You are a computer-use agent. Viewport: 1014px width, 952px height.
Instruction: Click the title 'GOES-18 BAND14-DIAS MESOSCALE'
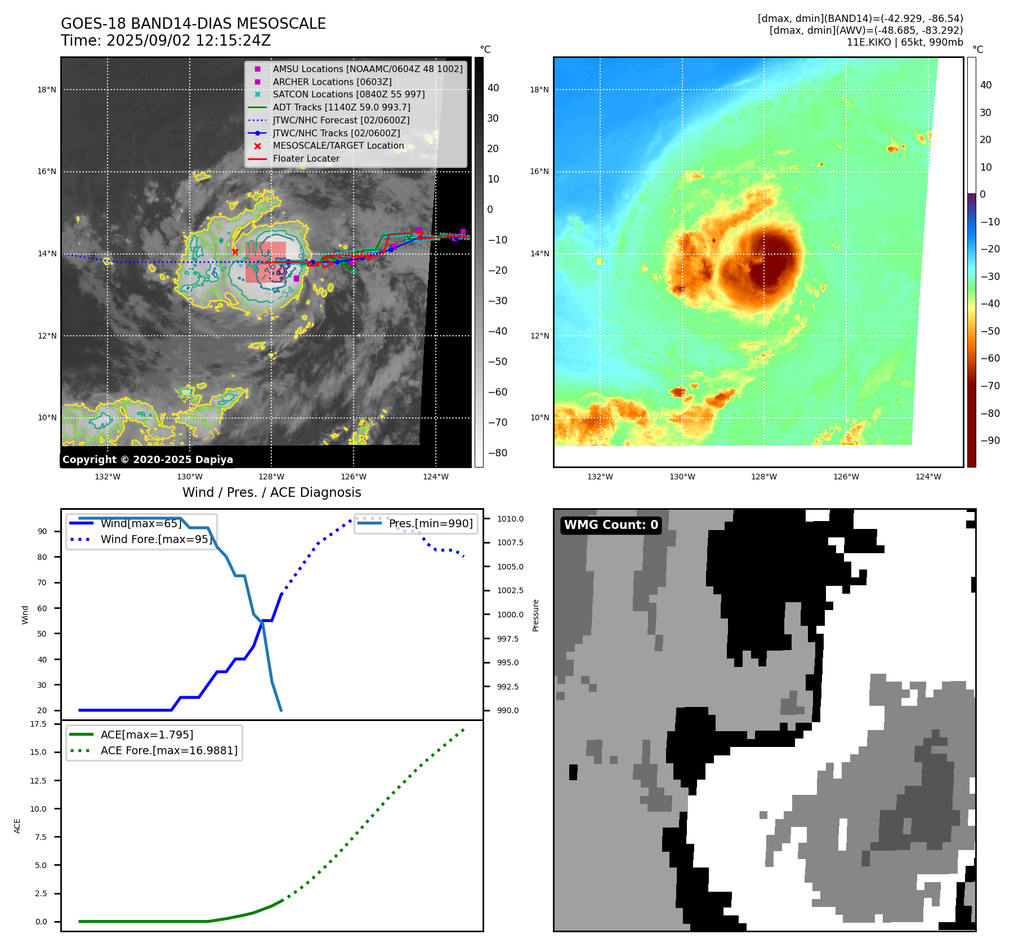point(193,24)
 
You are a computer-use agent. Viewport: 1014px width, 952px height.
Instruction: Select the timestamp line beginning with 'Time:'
point(166,41)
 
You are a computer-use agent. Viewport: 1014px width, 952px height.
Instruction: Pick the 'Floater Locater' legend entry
point(306,159)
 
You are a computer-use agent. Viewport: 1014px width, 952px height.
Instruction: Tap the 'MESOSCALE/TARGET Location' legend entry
point(338,146)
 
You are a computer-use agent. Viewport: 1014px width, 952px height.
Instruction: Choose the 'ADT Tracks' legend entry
point(341,107)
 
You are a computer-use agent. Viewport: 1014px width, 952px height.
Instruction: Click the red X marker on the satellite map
point(235,252)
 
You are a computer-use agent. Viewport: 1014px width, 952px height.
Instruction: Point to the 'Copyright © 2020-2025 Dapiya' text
point(148,460)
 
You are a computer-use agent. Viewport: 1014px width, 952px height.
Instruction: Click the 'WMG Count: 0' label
point(611,525)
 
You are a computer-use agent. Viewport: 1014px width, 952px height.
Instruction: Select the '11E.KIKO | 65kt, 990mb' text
point(905,42)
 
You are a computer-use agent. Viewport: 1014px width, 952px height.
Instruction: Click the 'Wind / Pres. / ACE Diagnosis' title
point(271,492)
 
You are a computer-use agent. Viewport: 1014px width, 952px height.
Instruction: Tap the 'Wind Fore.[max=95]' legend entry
point(156,540)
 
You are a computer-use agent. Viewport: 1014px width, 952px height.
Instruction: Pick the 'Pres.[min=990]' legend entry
point(431,523)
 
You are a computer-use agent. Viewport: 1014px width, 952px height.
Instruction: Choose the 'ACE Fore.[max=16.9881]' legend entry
point(169,750)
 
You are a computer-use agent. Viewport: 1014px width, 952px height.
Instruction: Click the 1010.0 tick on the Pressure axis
point(510,519)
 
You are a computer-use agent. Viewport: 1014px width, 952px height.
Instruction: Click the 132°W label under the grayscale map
point(107,477)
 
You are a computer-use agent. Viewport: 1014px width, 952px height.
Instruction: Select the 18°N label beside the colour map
point(539,90)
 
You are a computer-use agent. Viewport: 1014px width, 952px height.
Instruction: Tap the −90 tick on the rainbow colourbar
point(990,441)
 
